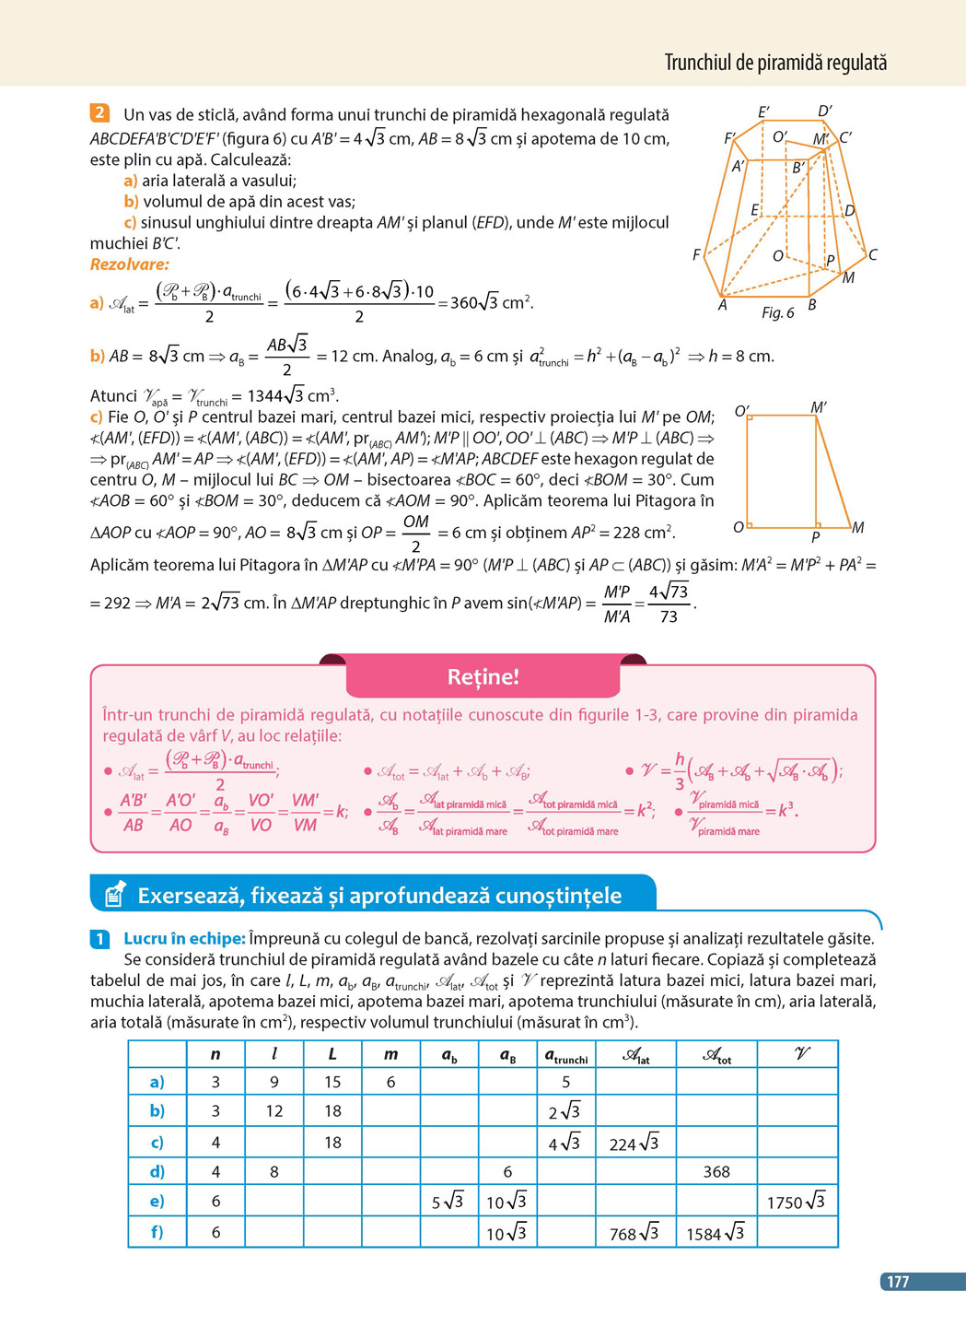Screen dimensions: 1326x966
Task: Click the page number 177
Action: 897,1281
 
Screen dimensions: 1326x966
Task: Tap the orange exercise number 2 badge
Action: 99,113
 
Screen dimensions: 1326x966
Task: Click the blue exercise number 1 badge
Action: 100,939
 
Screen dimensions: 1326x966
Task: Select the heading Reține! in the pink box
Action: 483,677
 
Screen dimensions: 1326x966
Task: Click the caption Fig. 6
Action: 777,313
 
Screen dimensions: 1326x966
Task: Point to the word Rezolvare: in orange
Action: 129,264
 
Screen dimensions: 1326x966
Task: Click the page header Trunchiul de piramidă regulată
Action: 775,63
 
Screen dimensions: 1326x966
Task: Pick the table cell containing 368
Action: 716,1172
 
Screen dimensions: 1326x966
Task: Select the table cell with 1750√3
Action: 797,1202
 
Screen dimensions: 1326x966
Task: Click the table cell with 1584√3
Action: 716,1233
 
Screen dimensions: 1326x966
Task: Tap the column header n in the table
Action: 215,1054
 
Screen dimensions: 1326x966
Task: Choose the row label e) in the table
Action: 157,1202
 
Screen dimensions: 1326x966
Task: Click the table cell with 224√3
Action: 634,1144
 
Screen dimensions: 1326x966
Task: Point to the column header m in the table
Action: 390,1054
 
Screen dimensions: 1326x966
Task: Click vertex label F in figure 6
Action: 696,254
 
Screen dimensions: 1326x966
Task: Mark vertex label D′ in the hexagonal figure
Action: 824,111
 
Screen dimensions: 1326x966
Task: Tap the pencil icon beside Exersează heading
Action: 115,893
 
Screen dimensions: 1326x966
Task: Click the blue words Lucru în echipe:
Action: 184,939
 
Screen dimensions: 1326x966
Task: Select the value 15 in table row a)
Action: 332,1082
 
